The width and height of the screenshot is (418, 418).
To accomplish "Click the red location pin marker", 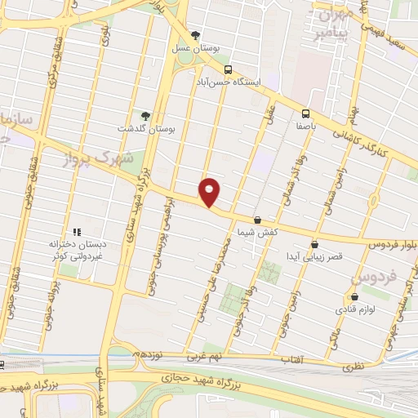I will pos(210,191).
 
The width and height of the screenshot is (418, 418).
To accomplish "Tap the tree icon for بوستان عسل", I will pos(195,35).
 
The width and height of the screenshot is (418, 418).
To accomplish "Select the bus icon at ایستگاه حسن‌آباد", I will pos(228,69).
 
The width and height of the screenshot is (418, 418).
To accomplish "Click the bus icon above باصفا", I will pos(305,113).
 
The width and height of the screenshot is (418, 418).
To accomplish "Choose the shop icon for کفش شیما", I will pos(258,220).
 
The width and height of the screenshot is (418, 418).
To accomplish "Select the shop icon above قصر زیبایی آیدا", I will pos(314,244).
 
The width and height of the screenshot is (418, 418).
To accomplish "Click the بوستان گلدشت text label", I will pos(145,128).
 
